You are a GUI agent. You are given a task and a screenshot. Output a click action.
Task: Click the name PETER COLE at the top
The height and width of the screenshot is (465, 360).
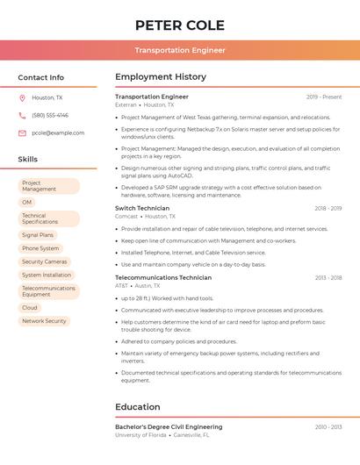(x=180, y=25)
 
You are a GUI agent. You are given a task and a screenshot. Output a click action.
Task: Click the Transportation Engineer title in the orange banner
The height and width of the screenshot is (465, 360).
(x=180, y=50)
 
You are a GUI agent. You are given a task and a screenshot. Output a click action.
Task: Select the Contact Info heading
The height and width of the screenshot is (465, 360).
(x=41, y=77)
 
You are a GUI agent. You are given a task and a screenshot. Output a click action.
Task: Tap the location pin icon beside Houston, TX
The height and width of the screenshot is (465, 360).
(x=23, y=97)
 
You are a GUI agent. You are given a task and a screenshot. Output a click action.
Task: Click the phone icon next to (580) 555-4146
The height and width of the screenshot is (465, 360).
(x=23, y=115)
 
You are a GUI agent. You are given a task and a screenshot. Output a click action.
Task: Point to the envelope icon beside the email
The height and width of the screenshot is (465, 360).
(x=23, y=132)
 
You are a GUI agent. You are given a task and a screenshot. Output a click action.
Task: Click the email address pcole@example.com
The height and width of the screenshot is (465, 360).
(x=58, y=132)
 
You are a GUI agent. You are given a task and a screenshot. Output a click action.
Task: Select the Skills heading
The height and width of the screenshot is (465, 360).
(x=28, y=159)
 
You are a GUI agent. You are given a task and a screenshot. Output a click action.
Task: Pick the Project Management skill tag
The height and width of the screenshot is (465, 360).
(x=48, y=186)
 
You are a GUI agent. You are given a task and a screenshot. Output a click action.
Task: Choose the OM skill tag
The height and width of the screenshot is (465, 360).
(x=27, y=202)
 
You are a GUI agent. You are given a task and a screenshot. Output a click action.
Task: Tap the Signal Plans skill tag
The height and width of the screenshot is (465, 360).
(x=38, y=235)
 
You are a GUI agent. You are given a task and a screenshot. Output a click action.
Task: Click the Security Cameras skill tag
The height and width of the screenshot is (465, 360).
(x=44, y=261)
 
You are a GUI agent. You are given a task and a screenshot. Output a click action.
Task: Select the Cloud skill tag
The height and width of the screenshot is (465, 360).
(x=30, y=307)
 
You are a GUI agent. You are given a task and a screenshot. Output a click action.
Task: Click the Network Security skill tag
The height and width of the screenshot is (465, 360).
(x=44, y=321)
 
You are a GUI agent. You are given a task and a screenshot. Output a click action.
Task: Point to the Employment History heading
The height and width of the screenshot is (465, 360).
(x=161, y=77)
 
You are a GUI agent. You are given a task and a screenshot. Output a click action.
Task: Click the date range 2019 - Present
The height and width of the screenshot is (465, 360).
(x=324, y=97)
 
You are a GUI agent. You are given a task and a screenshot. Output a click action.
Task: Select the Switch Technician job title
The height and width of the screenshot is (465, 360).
(x=142, y=208)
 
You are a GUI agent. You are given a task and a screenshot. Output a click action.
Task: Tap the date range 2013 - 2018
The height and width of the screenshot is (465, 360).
(x=328, y=277)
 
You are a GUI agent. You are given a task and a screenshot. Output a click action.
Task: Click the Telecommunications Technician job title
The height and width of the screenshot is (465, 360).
(x=163, y=277)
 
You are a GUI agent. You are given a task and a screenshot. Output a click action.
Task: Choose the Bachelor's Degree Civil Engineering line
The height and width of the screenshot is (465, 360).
(x=169, y=426)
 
